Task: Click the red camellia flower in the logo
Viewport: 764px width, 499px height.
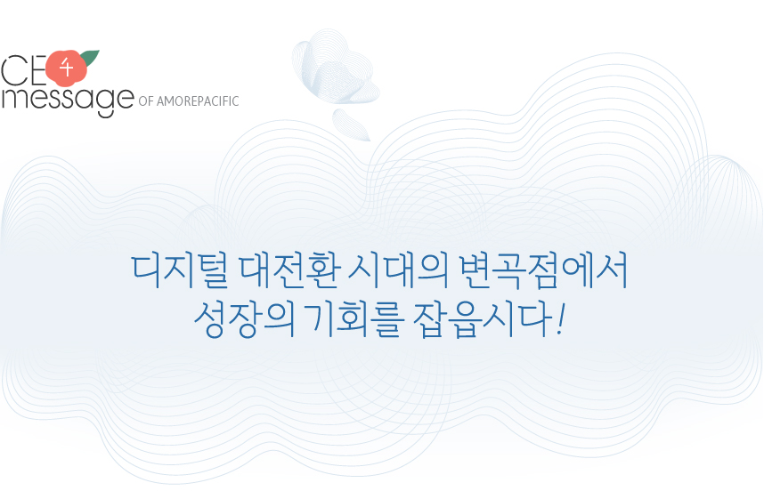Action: (67, 68)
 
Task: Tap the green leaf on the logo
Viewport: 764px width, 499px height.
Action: (90, 58)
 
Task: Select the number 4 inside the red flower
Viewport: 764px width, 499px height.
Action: (66, 68)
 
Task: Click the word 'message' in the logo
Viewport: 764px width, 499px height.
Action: (68, 101)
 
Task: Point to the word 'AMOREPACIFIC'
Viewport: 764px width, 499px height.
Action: (198, 101)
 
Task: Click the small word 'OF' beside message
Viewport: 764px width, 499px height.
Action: (146, 101)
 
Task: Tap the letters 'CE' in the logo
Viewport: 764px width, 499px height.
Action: (23, 70)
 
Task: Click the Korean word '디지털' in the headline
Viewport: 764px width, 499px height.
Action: (180, 270)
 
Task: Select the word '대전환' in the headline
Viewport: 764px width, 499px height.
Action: (289, 270)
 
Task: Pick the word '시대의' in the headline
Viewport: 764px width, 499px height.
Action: (398, 270)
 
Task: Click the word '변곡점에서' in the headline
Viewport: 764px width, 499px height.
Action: (543, 270)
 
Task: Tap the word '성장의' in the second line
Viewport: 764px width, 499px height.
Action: (245, 319)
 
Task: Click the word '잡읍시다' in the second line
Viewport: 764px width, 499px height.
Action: (483, 319)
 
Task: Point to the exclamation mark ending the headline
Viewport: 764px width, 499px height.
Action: (561, 319)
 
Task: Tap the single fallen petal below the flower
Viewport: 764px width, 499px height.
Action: (351, 125)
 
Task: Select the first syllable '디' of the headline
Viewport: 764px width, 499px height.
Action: (147, 270)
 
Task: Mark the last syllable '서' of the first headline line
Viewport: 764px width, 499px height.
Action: (612, 270)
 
